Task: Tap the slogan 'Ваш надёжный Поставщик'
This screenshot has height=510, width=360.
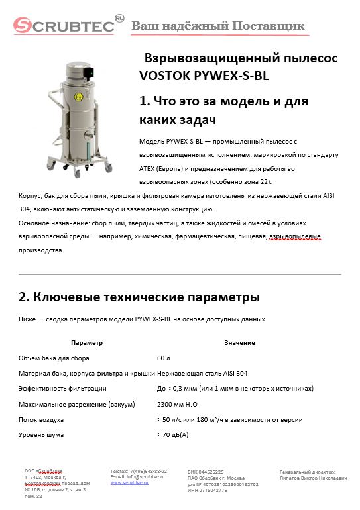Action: [218, 26]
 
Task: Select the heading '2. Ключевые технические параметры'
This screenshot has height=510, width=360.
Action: [139, 297]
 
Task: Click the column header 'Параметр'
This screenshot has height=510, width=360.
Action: [87, 342]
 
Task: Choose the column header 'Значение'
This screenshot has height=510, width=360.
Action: [239, 342]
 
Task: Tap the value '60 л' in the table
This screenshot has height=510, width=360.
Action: [164, 358]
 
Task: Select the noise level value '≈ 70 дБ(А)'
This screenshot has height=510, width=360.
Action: [172, 434]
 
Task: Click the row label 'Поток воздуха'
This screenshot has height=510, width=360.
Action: [41, 420]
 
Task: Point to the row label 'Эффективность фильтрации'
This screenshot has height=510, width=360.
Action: [62, 389]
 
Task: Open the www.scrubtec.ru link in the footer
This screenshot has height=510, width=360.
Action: [129, 483]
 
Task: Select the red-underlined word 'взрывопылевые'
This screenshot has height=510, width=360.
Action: [298, 237]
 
